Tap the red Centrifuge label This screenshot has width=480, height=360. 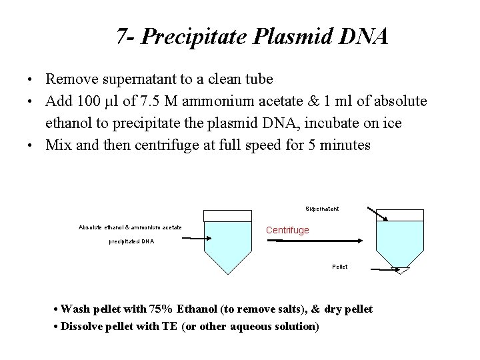[x=287, y=230]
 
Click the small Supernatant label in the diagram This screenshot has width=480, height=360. [x=322, y=209]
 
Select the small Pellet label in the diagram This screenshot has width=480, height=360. [x=339, y=267]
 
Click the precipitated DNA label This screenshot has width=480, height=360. [x=131, y=241]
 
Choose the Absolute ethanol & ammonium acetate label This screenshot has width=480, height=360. [x=130, y=227]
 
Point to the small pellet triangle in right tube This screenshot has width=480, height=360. [x=402, y=270]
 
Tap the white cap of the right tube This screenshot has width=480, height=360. [x=400, y=215]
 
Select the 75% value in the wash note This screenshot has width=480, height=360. [x=161, y=309]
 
